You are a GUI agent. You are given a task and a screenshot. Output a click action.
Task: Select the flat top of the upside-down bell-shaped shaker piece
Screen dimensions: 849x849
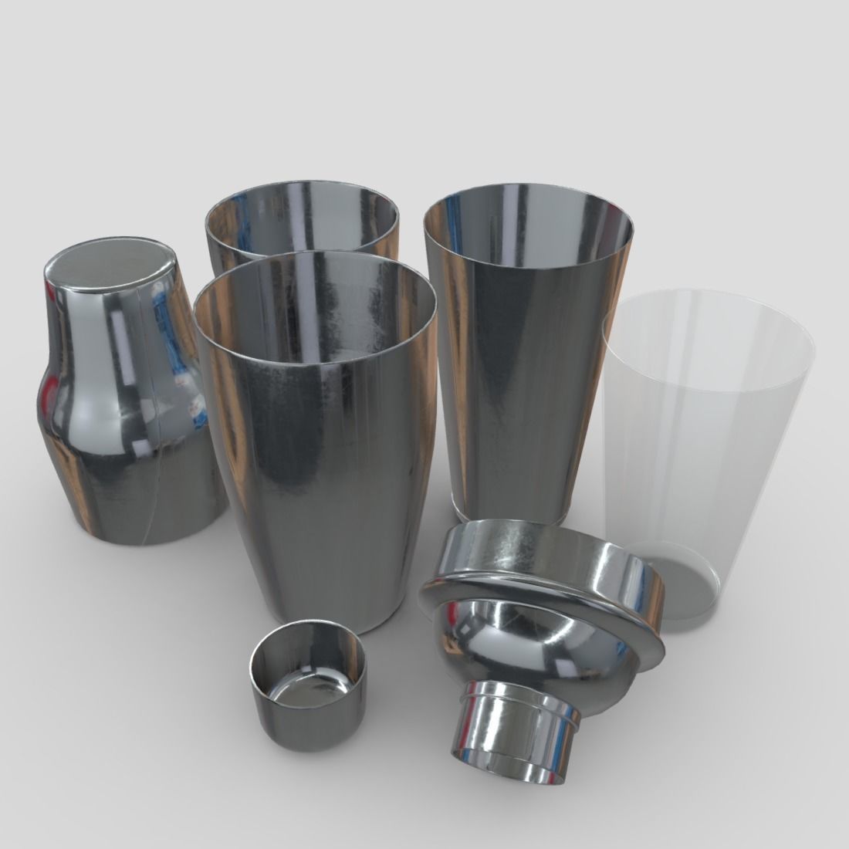(108, 266)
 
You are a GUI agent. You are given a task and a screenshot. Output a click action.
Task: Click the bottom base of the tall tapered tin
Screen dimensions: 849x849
(511, 506)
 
